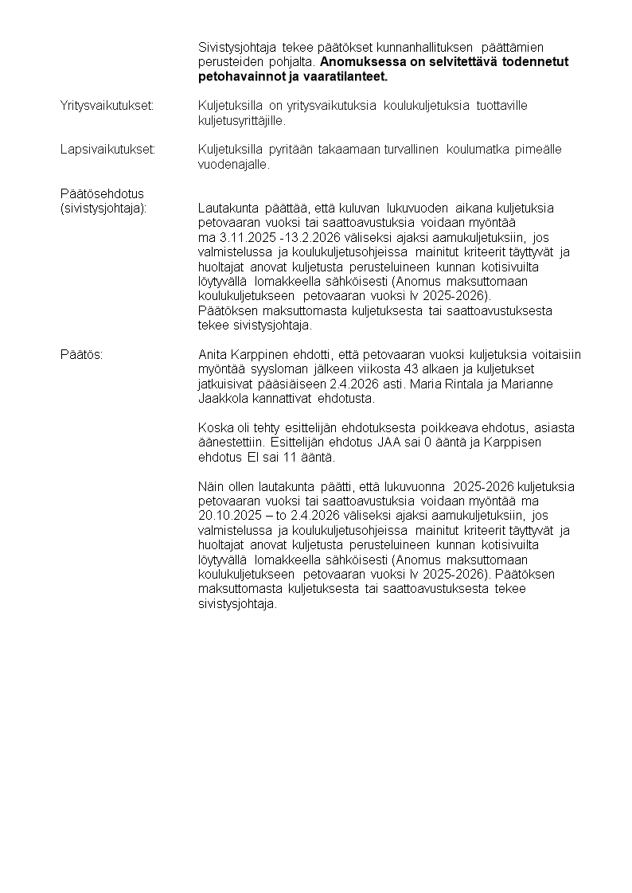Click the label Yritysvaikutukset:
click(107, 106)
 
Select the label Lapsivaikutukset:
click(107, 150)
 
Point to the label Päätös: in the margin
click(81, 354)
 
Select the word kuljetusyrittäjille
click(241, 121)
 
